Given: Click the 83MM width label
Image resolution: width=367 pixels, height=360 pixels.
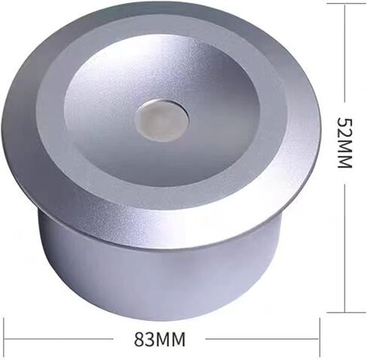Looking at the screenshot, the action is tap(159, 339).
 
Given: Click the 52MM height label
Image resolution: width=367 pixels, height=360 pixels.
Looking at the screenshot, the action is tap(344, 142).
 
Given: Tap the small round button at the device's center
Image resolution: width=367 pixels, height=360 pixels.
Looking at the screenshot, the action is tap(161, 120).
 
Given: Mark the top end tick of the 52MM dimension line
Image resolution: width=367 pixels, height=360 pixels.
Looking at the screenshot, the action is tap(346, 4).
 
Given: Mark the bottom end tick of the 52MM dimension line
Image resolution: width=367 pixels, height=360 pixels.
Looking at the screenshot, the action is tap(346, 313).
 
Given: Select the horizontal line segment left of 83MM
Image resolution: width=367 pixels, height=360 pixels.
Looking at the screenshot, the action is tap(59, 339).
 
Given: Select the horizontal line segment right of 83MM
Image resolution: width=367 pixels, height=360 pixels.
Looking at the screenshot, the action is tap(262, 339).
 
